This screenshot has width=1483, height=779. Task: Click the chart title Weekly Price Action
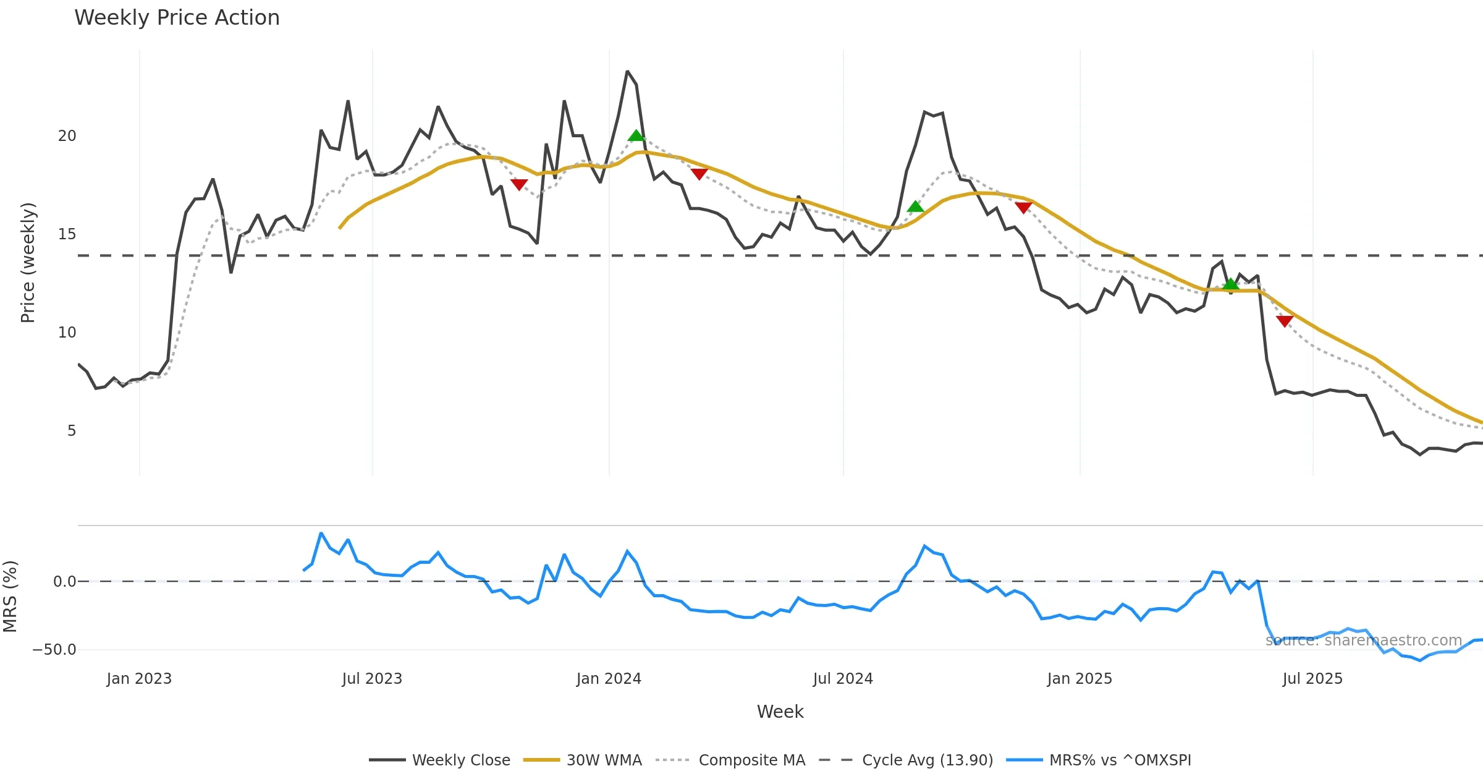(x=177, y=18)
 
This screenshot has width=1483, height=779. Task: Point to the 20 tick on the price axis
(x=67, y=136)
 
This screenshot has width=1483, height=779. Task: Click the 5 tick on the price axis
(x=72, y=431)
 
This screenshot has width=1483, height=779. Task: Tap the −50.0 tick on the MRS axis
(x=54, y=650)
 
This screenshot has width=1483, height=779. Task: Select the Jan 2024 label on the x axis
(x=609, y=679)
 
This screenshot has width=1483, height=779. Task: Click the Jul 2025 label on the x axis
(x=1312, y=679)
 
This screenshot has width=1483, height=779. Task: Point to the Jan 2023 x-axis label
(x=139, y=679)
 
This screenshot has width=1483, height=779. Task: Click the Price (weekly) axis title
(x=28, y=263)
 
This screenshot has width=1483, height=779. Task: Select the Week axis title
(x=780, y=712)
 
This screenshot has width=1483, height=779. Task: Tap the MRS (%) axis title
(x=10, y=597)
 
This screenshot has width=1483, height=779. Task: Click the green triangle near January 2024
(x=636, y=135)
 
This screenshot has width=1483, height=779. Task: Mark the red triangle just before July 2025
(x=1285, y=321)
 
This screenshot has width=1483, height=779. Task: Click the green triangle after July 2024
(x=915, y=206)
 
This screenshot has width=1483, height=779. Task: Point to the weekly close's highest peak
(x=627, y=72)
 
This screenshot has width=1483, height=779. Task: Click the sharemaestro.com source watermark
(x=1363, y=641)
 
